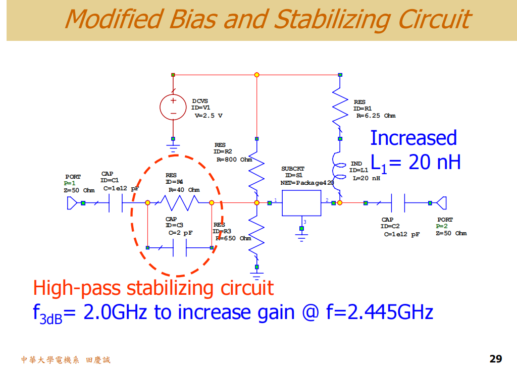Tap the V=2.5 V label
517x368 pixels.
pyautogui.click(x=208, y=116)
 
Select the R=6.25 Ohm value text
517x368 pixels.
pyautogui.click(x=376, y=116)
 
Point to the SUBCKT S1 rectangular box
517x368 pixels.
pyautogui.click(x=301, y=203)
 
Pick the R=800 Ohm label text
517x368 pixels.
pyautogui.click(x=234, y=160)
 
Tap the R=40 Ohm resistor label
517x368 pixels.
pyautogui.click(x=184, y=190)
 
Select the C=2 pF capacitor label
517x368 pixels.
pyautogui.click(x=180, y=233)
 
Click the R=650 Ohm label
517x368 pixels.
pyautogui.click(x=233, y=238)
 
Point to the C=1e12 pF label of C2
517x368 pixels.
pyautogui.click(x=401, y=234)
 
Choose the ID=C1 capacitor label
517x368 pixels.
pyautogui.click(x=110, y=180)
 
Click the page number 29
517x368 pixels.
pyautogui.click(x=495, y=359)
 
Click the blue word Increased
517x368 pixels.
pyautogui.click(x=413, y=138)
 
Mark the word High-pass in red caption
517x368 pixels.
pyautogui.click(x=77, y=288)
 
